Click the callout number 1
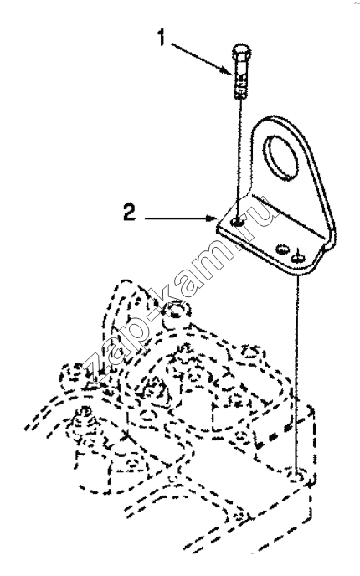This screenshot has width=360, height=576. click(162, 39)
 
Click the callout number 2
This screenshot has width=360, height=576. click(129, 213)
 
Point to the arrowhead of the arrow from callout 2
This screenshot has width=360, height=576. click(213, 219)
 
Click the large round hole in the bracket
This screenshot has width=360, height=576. click(282, 157)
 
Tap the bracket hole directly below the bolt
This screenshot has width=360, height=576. click(238, 222)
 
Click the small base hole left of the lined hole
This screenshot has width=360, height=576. click(282, 249)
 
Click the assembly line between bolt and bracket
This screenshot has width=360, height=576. click(240, 158)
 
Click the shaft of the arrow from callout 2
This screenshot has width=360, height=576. click(176, 219)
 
